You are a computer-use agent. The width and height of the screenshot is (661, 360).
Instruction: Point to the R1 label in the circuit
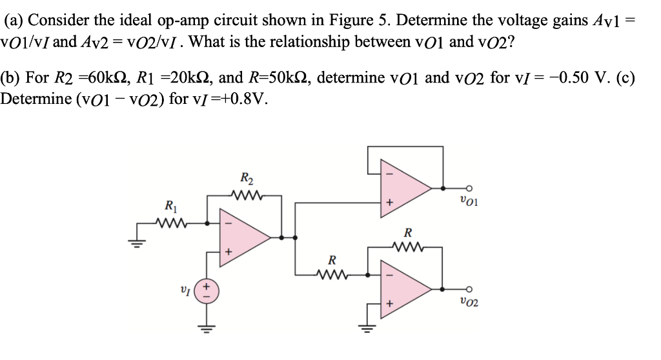[170, 208]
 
